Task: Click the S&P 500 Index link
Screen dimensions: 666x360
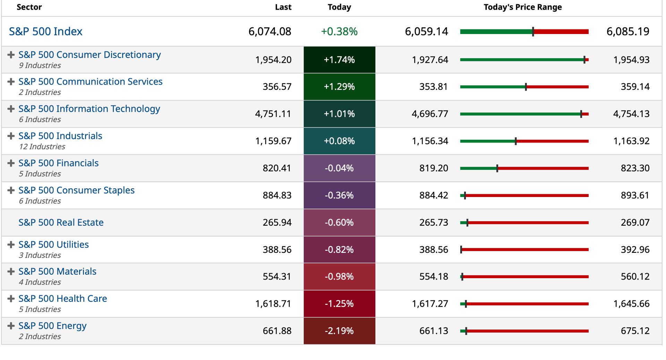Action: click(x=45, y=32)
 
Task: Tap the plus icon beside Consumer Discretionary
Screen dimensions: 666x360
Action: click(x=11, y=55)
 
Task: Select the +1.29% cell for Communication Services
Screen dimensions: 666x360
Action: click(x=339, y=87)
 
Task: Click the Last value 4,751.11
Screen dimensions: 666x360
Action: click(x=273, y=114)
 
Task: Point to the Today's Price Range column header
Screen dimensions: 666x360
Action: click(x=523, y=7)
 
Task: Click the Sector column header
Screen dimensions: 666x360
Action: click(x=29, y=7)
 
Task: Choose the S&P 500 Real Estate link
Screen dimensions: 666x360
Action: click(x=61, y=222)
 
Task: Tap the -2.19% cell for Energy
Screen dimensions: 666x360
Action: click(x=339, y=331)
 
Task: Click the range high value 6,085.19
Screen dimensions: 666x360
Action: click(x=628, y=32)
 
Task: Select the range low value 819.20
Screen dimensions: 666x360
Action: click(x=434, y=168)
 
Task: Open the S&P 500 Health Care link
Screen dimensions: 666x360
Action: click(x=63, y=299)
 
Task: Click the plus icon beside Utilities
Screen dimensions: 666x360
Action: click(x=11, y=245)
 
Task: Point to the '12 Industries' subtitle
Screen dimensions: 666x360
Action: click(x=42, y=147)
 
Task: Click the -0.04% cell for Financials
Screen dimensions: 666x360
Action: click(x=339, y=168)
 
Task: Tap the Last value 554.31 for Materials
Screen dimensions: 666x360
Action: click(x=277, y=276)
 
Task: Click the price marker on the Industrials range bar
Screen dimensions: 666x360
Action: click(x=516, y=141)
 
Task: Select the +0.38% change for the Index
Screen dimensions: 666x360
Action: click(x=339, y=32)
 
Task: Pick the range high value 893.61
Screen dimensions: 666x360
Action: click(x=635, y=195)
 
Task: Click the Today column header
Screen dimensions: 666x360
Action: click(x=339, y=7)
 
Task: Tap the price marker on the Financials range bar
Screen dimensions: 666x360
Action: click(x=497, y=169)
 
